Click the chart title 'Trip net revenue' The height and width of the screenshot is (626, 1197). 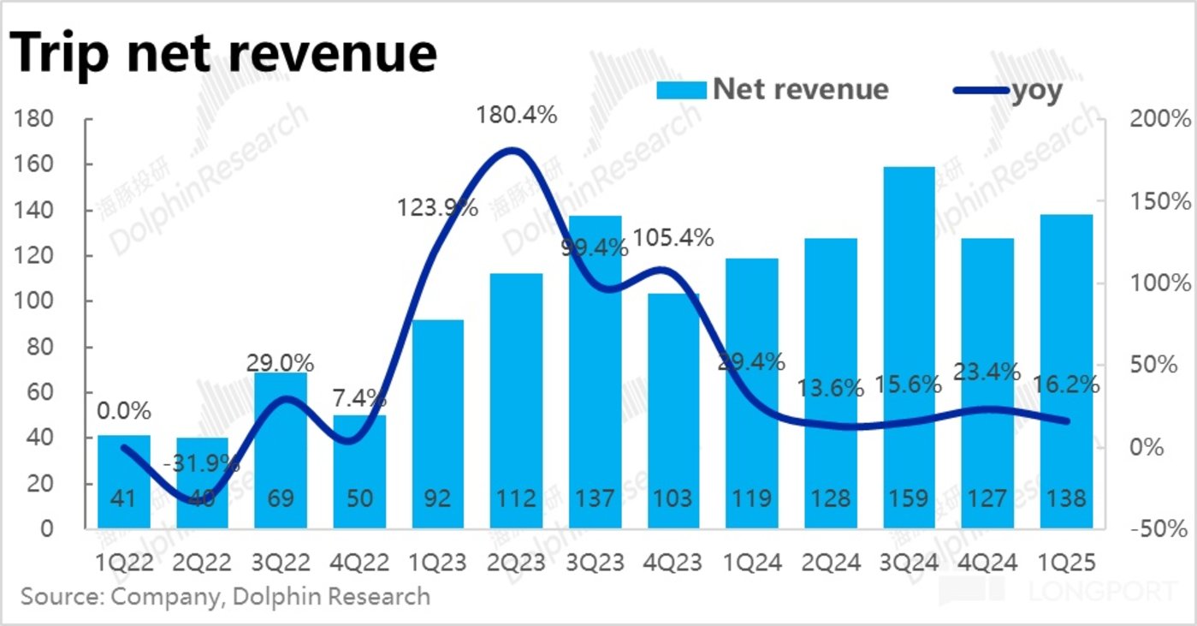pyautogui.click(x=223, y=53)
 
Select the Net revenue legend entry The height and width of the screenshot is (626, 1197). pyautogui.click(x=773, y=89)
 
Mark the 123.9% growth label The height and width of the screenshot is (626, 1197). pyautogui.click(x=436, y=207)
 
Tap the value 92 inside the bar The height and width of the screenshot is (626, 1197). pyautogui.click(x=436, y=498)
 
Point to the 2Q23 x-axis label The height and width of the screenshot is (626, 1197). pyautogui.click(x=515, y=563)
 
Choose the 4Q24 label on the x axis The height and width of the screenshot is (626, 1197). pyautogui.click(x=988, y=563)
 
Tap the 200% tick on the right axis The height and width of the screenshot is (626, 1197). pyautogui.click(x=1158, y=119)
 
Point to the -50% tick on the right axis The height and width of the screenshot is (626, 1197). pyautogui.click(x=1158, y=528)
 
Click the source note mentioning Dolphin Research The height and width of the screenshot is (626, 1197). pyautogui.click(x=225, y=596)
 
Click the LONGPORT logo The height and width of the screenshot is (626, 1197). pyautogui.click(x=1104, y=591)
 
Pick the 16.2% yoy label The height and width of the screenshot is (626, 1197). pyautogui.click(x=1066, y=386)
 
